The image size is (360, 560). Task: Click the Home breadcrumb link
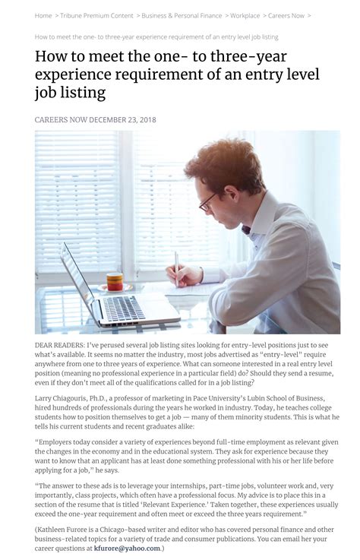point(43,15)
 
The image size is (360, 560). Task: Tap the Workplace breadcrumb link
point(245,15)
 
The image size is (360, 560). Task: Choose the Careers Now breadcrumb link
point(286,15)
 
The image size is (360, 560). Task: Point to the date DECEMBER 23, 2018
point(123,120)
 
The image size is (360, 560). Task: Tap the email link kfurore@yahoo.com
point(127,548)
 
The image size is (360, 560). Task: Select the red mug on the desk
point(115,280)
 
